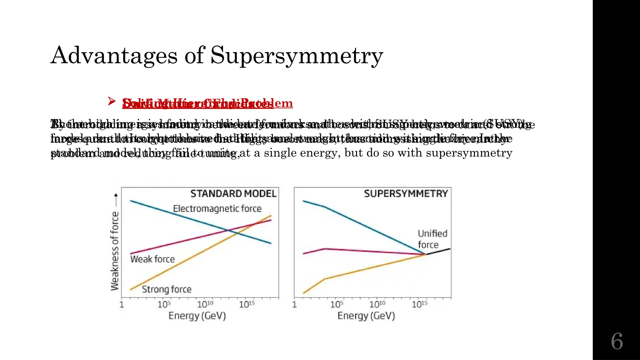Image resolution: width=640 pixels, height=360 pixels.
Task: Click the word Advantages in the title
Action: (x=114, y=56)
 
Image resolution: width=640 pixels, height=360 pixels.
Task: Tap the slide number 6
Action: (x=617, y=341)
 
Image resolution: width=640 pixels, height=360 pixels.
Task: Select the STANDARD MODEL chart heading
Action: (x=233, y=194)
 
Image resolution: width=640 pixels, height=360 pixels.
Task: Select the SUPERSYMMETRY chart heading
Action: (x=406, y=194)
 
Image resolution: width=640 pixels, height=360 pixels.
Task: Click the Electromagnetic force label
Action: (x=217, y=208)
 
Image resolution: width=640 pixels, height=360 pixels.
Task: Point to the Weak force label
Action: (x=152, y=259)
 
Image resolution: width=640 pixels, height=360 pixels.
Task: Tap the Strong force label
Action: (x=167, y=289)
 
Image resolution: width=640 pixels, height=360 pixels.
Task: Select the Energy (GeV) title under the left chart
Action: (x=197, y=316)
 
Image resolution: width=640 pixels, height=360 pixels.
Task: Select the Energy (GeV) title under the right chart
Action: (x=366, y=316)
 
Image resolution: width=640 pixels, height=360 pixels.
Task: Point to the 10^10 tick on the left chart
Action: (x=205, y=304)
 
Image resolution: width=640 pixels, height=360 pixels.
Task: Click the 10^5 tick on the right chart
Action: (x=336, y=304)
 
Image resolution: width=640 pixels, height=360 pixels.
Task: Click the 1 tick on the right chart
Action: (x=294, y=304)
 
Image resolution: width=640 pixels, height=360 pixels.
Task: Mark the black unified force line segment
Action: (x=438, y=251)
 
